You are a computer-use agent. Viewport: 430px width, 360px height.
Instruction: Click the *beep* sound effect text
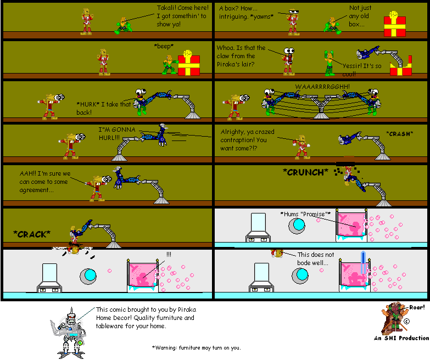[x=164, y=46]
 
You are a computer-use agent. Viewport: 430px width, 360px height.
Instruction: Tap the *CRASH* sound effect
[x=399, y=133]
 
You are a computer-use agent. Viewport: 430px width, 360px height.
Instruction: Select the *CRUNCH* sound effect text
[x=305, y=172]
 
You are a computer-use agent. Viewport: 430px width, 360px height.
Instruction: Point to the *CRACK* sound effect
[x=32, y=234]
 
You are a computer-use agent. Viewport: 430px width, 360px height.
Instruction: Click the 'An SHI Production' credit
[x=402, y=338]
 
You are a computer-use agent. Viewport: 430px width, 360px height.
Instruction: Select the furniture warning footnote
[x=196, y=347]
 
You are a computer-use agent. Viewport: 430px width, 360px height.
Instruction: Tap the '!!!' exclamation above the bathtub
[x=168, y=254]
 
